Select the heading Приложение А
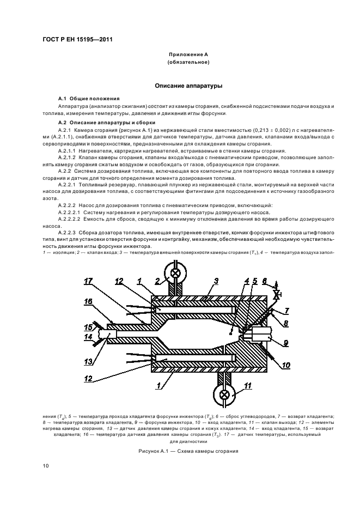pyautogui.click(x=188, y=55)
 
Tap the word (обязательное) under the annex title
pyautogui.click(x=188, y=63)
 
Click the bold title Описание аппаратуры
pyautogui.click(x=188, y=86)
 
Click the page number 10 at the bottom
pyautogui.click(x=46, y=465)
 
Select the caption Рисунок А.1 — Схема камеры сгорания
pyautogui.click(x=188, y=451)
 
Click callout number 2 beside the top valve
pyautogui.click(x=157, y=282)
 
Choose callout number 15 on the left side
pyautogui.click(x=88, y=327)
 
